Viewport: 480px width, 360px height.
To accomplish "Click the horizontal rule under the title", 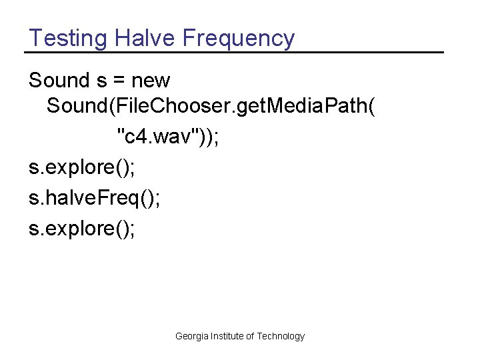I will click(233, 52).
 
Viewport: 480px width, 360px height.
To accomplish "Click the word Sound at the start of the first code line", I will click(59, 81).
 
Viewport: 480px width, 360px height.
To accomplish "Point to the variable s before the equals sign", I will click(101, 81).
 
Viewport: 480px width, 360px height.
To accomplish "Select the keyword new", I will click(151, 81).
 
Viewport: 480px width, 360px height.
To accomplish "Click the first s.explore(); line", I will click(81, 167).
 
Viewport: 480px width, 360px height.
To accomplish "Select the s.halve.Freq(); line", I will click(94, 198).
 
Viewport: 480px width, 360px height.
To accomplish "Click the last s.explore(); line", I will click(81, 229).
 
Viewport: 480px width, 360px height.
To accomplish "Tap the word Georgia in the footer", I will click(192, 337).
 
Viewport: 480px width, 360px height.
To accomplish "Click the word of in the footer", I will click(251, 337).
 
